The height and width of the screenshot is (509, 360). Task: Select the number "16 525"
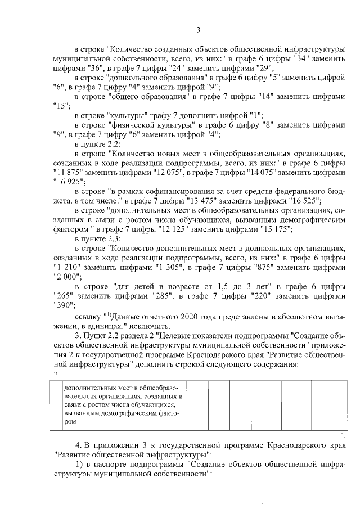pos(305,200)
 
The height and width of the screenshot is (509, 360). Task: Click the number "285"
pos(163,296)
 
